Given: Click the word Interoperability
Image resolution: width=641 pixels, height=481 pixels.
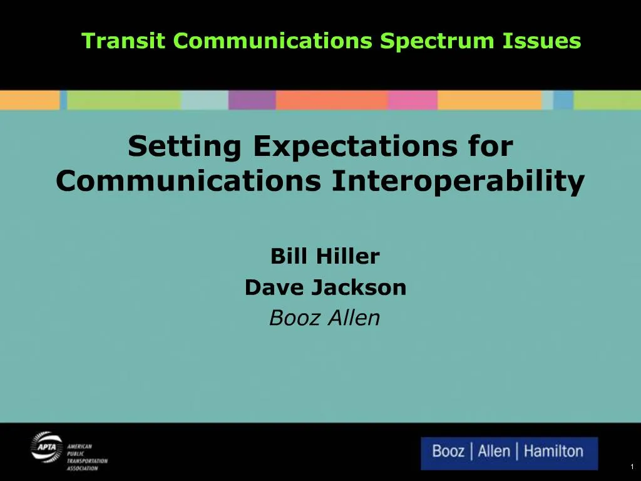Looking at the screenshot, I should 458,182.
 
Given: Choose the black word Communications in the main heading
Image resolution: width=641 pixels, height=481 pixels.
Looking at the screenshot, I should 188,182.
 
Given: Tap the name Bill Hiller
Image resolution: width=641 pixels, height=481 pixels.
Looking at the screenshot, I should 325,256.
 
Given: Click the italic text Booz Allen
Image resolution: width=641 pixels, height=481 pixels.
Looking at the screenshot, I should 324,319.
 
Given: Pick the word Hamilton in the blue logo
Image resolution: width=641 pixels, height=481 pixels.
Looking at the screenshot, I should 553,452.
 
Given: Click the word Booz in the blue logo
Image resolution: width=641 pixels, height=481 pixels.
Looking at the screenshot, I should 448,452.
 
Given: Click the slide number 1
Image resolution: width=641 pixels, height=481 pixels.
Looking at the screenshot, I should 632,467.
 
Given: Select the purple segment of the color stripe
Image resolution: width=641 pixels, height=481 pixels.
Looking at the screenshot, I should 252,100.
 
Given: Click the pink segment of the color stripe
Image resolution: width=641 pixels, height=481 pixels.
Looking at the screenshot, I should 413,100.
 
